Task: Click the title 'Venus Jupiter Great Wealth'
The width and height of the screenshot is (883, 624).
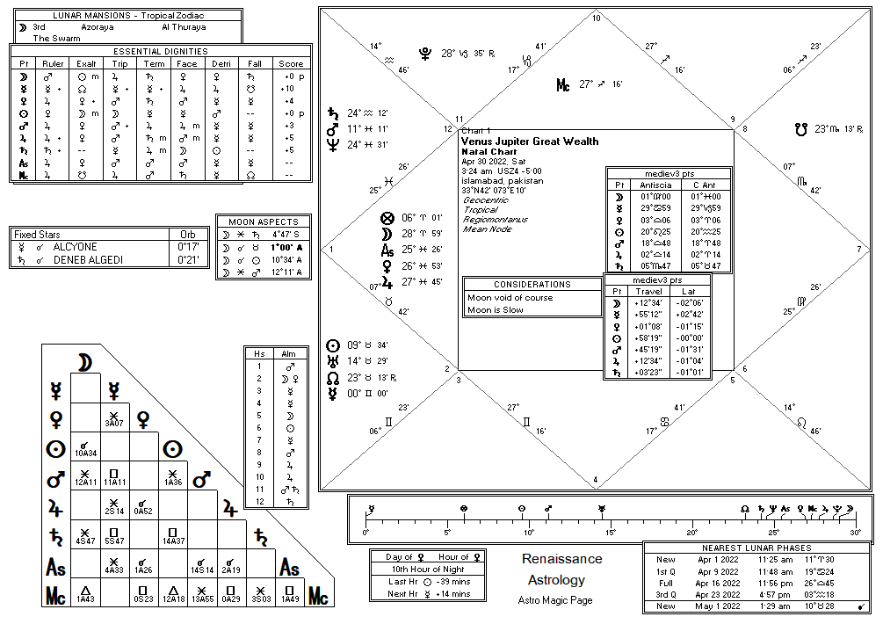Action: (x=530, y=141)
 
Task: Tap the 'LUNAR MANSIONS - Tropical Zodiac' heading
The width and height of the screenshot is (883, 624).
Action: (x=126, y=16)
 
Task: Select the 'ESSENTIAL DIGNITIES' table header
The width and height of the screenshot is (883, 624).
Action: (x=161, y=52)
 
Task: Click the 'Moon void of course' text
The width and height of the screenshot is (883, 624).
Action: (x=510, y=298)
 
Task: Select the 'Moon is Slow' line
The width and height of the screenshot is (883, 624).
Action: (x=496, y=309)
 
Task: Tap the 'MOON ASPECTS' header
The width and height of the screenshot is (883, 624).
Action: (x=263, y=222)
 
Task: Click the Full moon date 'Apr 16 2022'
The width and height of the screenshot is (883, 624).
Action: (x=719, y=583)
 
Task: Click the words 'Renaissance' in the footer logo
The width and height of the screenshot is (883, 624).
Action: (x=562, y=559)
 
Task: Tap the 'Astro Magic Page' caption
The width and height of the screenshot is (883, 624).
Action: (x=555, y=600)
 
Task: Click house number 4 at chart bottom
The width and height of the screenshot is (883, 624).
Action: (x=597, y=480)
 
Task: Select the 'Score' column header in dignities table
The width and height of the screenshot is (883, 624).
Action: (x=291, y=64)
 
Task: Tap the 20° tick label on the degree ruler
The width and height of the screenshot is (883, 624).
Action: (x=692, y=533)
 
